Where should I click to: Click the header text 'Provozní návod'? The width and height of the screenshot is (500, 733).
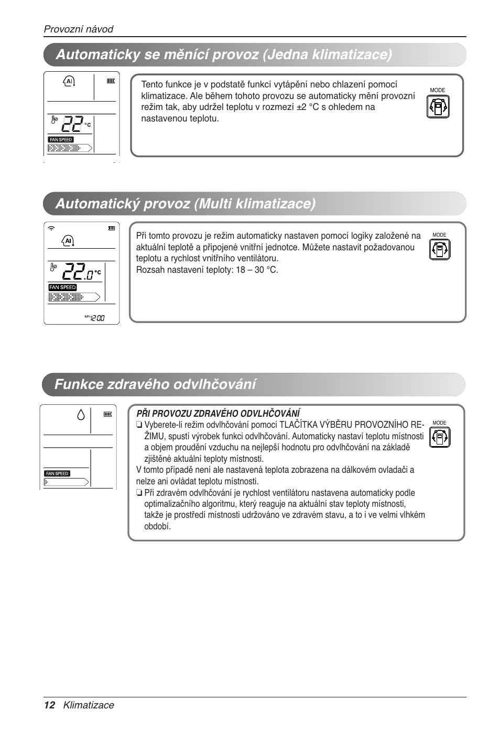[78, 29]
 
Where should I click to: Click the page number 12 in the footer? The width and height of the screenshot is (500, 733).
[49, 705]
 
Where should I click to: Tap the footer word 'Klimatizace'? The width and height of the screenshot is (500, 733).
[89, 705]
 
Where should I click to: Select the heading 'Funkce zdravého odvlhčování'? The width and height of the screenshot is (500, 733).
[155, 384]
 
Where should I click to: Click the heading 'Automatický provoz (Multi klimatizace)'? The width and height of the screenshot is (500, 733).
[186, 204]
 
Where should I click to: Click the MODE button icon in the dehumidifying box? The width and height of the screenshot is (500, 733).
[439, 437]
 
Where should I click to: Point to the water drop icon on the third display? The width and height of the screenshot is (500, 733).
[81, 415]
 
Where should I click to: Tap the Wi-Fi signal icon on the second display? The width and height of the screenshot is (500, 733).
[51, 228]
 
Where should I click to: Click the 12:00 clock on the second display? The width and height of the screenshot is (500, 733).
[97, 318]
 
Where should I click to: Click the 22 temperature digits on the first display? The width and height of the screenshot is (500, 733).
[72, 125]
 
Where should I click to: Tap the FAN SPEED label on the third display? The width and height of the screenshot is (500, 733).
[57, 473]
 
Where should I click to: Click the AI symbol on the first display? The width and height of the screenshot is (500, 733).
[69, 81]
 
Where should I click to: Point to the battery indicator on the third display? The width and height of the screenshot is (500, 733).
[107, 414]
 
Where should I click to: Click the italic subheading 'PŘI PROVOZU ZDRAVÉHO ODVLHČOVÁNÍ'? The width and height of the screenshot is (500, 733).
[218, 414]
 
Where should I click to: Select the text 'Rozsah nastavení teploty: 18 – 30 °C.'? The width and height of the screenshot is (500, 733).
[207, 270]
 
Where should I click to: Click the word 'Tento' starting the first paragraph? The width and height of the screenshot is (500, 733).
[152, 85]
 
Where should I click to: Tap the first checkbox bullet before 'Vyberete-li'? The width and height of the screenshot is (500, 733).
[139, 425]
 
